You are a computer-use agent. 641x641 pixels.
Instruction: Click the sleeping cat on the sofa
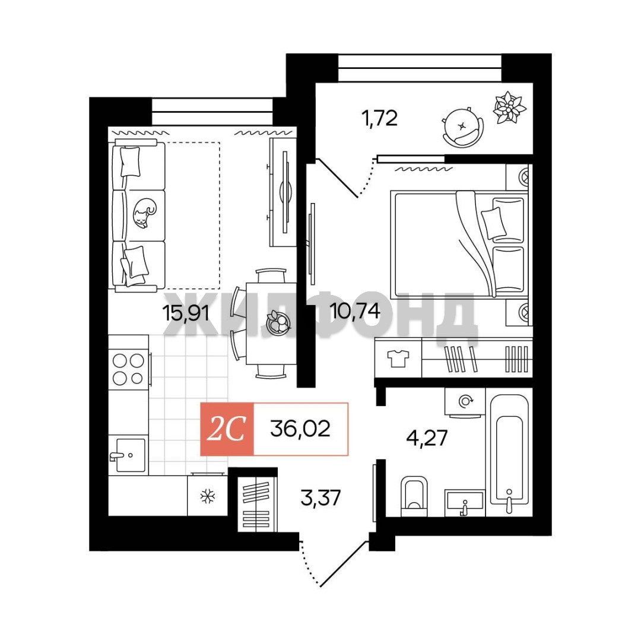pyautogui.click(x=144, y=213)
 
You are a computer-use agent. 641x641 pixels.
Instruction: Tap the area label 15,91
pyautogui.click(x=186, y=313)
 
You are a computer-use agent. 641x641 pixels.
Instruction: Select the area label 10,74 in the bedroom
pyautogui.click(x=355, y=312)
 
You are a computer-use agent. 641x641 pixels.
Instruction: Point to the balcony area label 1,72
pyautogui.click(x=379, y=119)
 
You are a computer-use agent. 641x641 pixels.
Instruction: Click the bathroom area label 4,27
pyautogui.click(x=427, y=438)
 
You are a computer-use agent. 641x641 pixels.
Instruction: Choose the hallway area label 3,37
pyautogui.click(x=320, y=498)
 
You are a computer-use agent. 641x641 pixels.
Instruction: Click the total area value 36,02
pyautogui.click(x=300, y=429)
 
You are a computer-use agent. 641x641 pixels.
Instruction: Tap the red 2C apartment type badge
pyautogui.click(x=227, y=429)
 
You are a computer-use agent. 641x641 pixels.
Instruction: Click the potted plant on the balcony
pyautogui.click(x=509, y=107)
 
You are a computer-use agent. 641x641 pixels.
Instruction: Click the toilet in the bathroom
pyautogui.click(x=414, y=496)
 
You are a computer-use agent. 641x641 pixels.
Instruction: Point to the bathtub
pyautogui.click(x=509, y=454)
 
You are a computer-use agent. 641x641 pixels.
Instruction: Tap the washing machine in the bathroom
pyautogui.click(x=465, y=402)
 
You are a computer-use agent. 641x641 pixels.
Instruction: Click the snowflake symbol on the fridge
pyautogui.click(x=208, y=496)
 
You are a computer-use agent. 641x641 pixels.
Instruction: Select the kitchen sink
pyautogui.click(x=128, y=455)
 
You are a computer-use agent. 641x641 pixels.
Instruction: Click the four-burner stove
pyautogui.click(x=128, y=370)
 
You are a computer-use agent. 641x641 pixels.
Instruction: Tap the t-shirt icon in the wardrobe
pyautogui.click(x=398, y=358)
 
